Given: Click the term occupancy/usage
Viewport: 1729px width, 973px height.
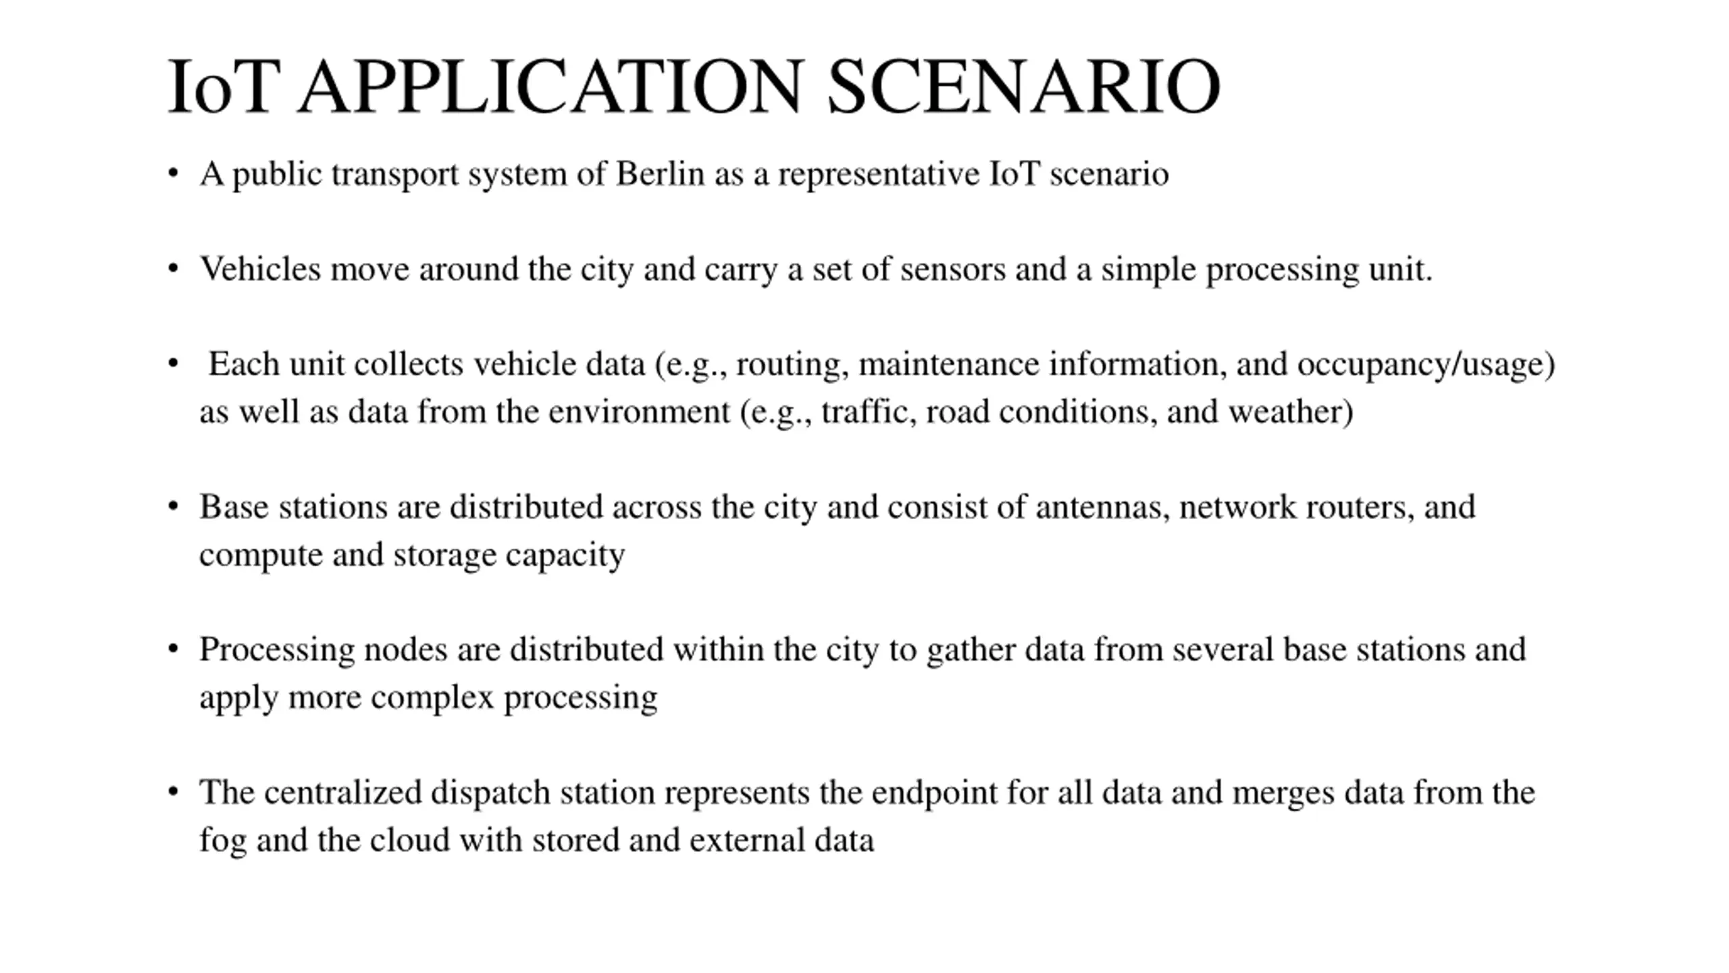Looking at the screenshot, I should (x=1425, y=364).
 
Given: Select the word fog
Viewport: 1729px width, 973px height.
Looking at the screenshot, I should (x=222, y=841).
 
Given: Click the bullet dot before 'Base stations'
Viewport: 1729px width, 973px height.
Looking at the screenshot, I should (x=174, y=505).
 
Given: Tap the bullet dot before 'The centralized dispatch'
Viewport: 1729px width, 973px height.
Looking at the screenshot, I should (x=174, y=791).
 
